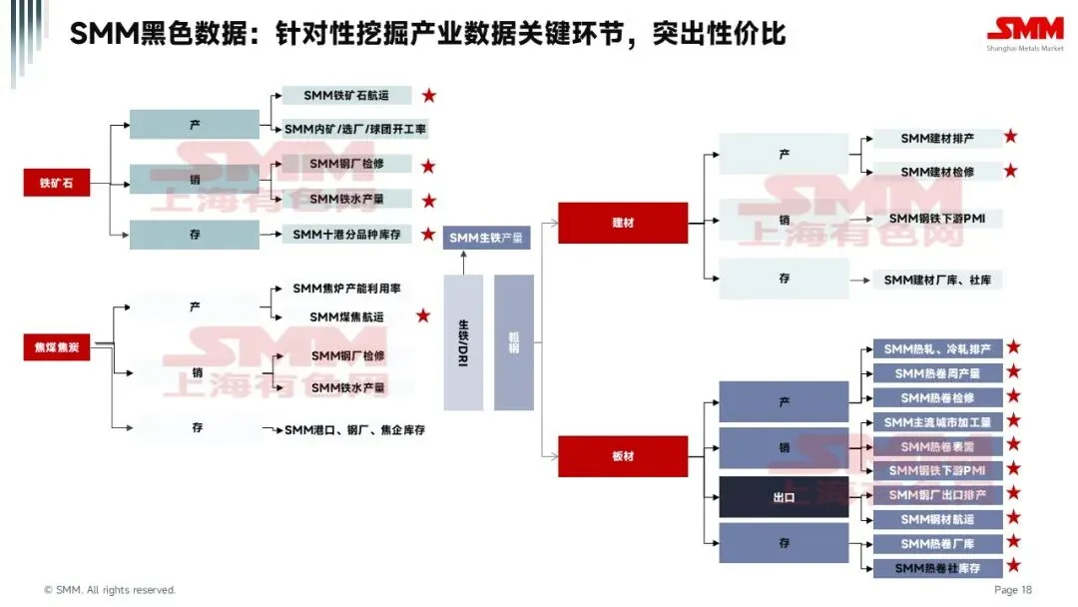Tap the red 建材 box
tap(622, 223)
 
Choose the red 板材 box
tap(622, 456)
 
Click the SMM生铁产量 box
tap(486, 237)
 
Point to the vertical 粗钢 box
tap(514, 342)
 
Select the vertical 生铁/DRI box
tap(463, 342)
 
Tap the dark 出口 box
tap(784, 496)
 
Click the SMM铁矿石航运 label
tap(345, 96)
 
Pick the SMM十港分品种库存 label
tap(345, 235)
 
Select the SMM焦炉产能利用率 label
tap(346, 288)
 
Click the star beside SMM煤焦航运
tap(423, 315)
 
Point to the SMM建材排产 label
tap(936, 138)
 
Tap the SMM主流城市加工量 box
tap(937, 422)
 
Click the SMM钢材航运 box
tap(937, 519)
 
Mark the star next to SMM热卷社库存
tap(1014, 566)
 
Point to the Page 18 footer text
tap(1012, 590)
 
